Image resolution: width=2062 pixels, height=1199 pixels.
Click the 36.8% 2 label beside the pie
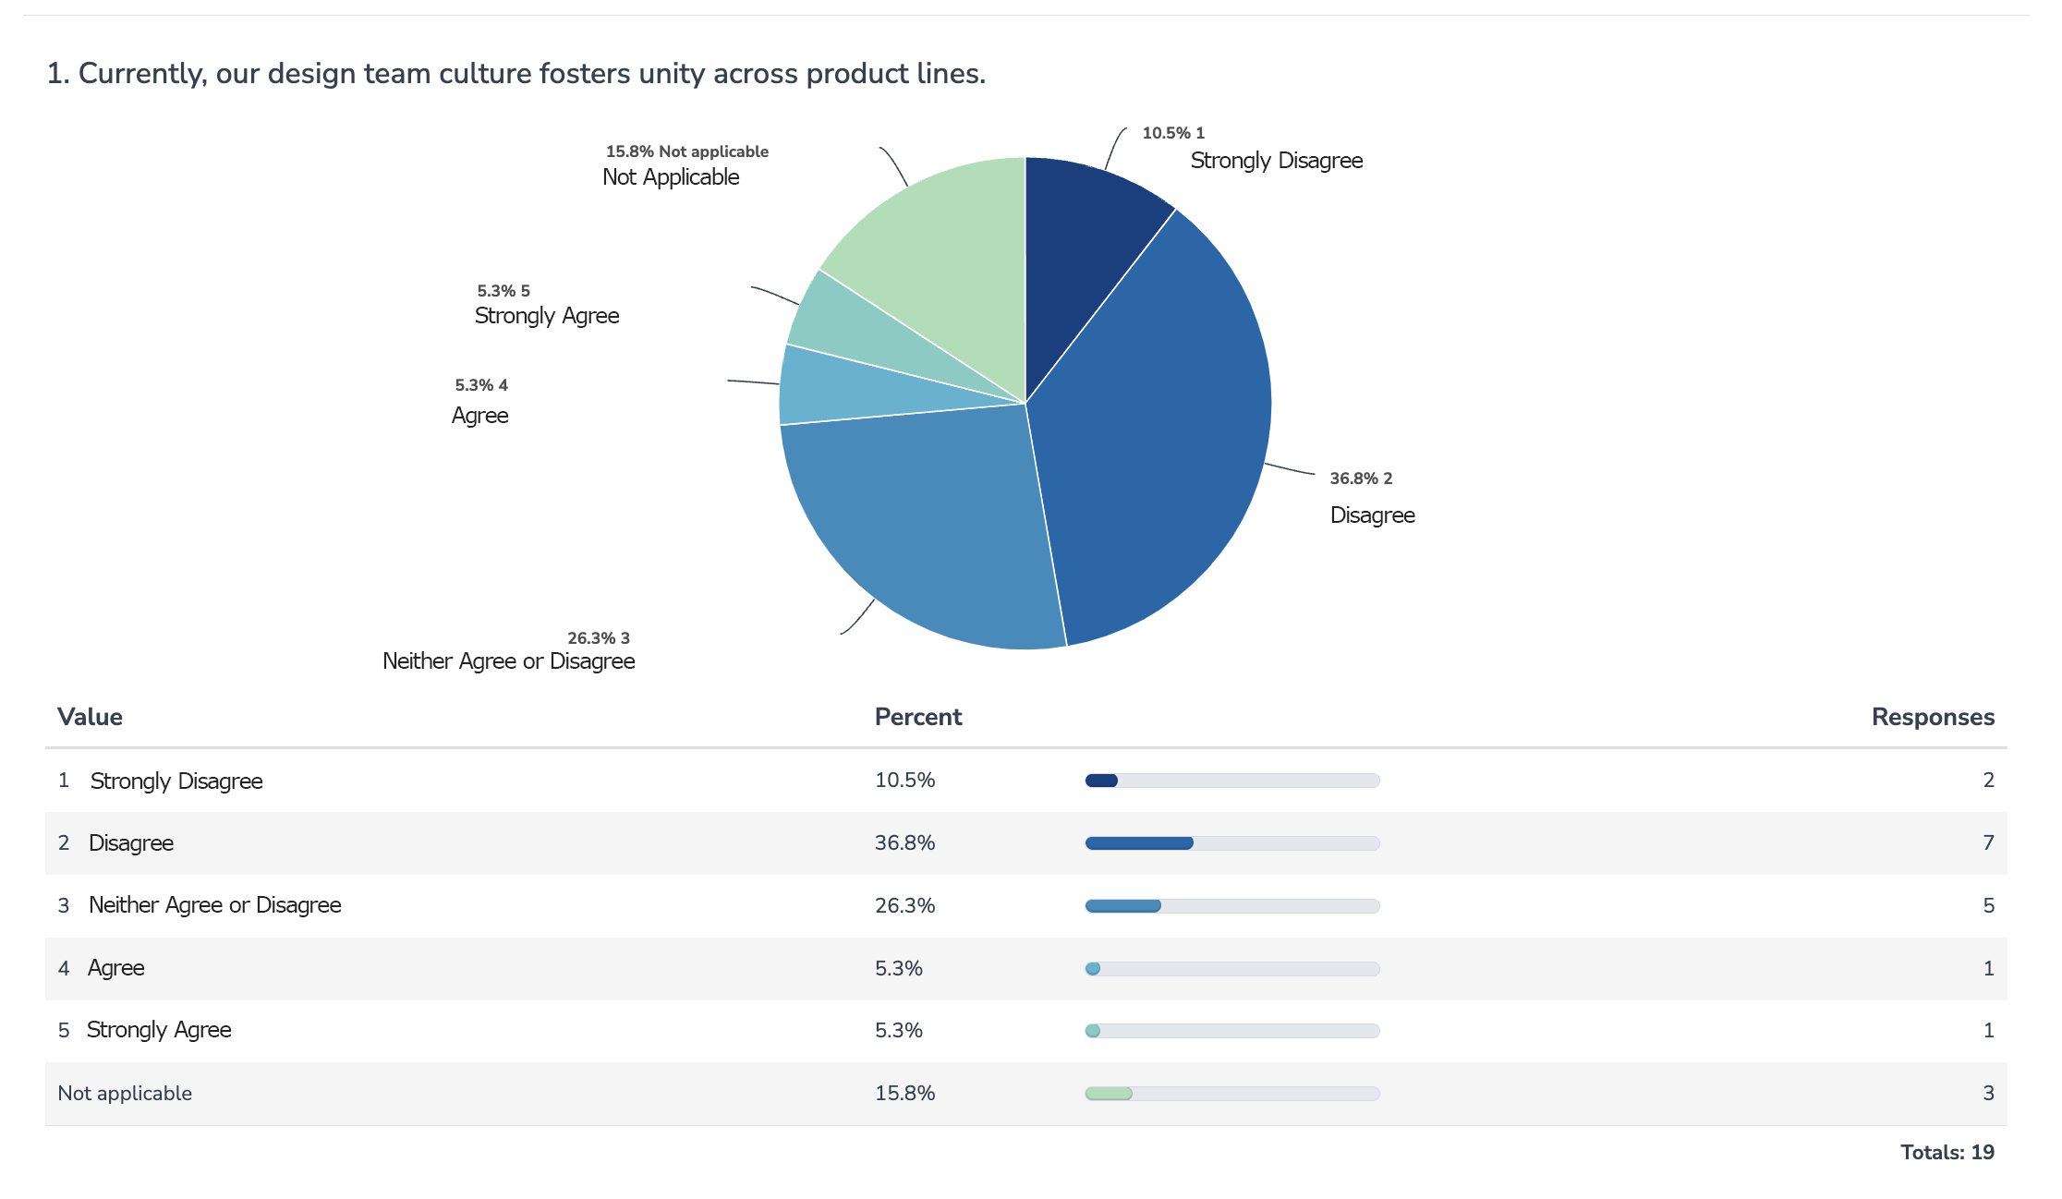(x=1360, y=478)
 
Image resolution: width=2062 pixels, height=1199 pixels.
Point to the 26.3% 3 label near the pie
(x=598, y=638)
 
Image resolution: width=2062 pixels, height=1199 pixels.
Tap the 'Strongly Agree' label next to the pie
(x=547, y=316)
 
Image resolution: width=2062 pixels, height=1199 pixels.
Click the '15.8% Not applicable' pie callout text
(x=686, y=151)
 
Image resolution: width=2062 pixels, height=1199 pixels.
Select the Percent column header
(x=917, y=717)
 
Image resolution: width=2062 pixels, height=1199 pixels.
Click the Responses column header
(x=1932, y=717)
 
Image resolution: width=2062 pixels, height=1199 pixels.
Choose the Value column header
(x=90, y=717)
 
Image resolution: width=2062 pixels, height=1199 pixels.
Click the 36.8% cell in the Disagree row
(x=904, y=842)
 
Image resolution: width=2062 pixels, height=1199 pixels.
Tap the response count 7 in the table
(x=1987, y=842)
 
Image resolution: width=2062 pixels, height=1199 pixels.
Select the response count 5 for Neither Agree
(x=1987, y=905)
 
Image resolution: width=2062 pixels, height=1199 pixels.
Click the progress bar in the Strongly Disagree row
(x=1231, y=781)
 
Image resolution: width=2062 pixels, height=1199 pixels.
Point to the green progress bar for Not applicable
(x=1109, y=1094)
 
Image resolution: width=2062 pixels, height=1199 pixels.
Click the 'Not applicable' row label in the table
(x=125, y=1094)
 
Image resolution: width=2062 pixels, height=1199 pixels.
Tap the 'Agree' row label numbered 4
(x=116, y=968)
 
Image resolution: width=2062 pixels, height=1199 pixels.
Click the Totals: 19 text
(x=1947, y=1152)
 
